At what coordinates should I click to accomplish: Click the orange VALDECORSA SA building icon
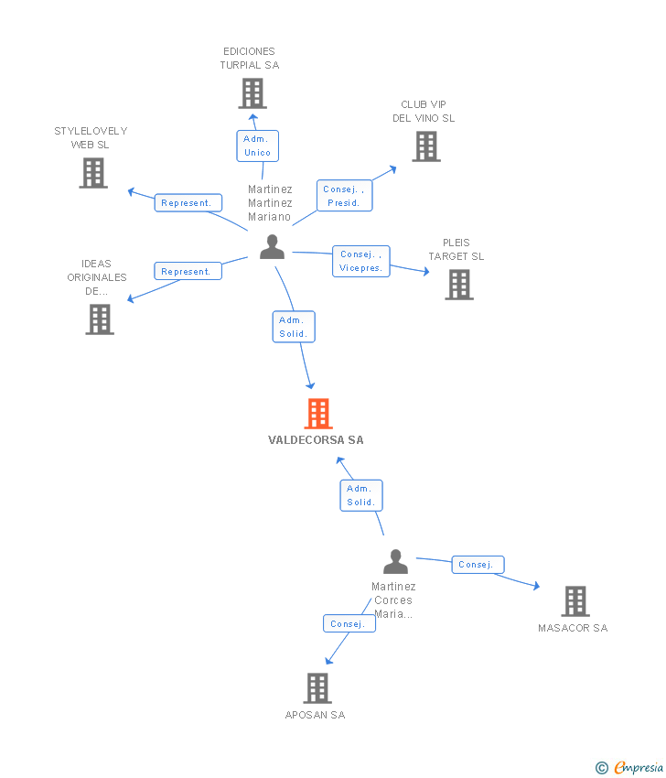click(x=318, y=414)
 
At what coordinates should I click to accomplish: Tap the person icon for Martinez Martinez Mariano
click(x=273, y=247)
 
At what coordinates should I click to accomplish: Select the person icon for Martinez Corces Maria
click(x=396, y=562)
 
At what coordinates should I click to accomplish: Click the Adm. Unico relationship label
click(x=257, y=146)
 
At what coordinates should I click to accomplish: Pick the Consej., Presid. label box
click(x=344, y=196)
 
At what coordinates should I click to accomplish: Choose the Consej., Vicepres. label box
click(x=361, y=261)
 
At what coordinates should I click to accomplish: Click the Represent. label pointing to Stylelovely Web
click(x=188, y=202)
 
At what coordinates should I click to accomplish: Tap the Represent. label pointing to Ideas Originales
click(x=188, y=271)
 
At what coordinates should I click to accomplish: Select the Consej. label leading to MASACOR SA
click(x=478, y=564)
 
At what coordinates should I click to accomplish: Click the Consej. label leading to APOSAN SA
click(x=349, y=623)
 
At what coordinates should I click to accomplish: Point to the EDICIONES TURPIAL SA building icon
click(x=252, y=93)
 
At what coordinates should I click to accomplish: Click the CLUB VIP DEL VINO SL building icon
click(x=426, y=146)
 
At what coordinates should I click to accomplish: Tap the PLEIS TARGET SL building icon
click(x=459, y=285)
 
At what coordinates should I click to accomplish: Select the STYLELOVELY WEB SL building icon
click(x=93, y=173)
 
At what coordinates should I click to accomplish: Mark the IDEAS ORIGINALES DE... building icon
click(x=100, y=319)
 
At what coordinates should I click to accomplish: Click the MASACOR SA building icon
click(x=575, y=601)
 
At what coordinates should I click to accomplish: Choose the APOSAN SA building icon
click(x=317, y=688)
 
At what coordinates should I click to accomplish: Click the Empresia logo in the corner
click(x=629, y=767)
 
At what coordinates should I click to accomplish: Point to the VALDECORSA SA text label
click(x=316, y=439)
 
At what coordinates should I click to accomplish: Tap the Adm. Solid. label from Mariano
click(x=294, y=327)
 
